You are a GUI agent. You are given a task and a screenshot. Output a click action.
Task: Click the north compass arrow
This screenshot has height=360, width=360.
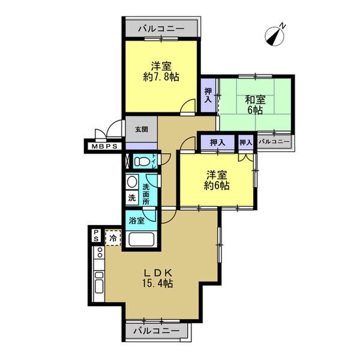point(277,35)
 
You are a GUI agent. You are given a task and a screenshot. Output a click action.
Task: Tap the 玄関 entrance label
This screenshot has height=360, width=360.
point(142,129)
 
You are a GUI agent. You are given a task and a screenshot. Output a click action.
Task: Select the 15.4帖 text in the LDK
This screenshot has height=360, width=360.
point(158,283)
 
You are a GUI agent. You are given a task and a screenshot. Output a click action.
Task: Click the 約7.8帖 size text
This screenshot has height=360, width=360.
point(160,76)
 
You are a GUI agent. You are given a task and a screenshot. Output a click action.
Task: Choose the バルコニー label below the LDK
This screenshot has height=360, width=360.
point(156,331)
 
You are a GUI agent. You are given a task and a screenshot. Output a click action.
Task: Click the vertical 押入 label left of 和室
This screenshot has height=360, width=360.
point(208,95)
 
